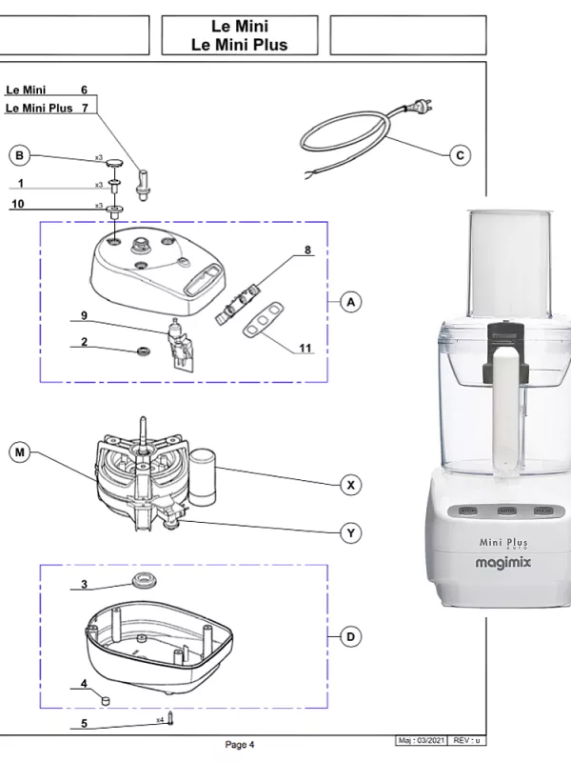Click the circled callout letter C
pyautogui.click(x=461, y=154)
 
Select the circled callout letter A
pyautogui.click(x=351, y=302)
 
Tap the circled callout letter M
pyautogui.click(x=19, y=452)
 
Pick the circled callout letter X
pyautogui.click(x=351, y=485)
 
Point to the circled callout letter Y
pyautogui.click(x=351, y=533)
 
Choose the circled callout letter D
pyautogui.click(x=351, y=636)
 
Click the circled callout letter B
pyautogui.click(x=19, y=154)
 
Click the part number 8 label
pyautogui.click(x=307, y=251)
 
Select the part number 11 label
pyautogui.click(x=305, y=349)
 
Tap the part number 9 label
pyautogui.click(x=84, y=315)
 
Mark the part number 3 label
pyautogui.click(x=84, y=584)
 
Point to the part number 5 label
pyautogui.click(x=84, y=724)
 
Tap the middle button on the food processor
pyautogui.click(x=506, y=511)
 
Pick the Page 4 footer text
pyautogui.click(x=239, y=744)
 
